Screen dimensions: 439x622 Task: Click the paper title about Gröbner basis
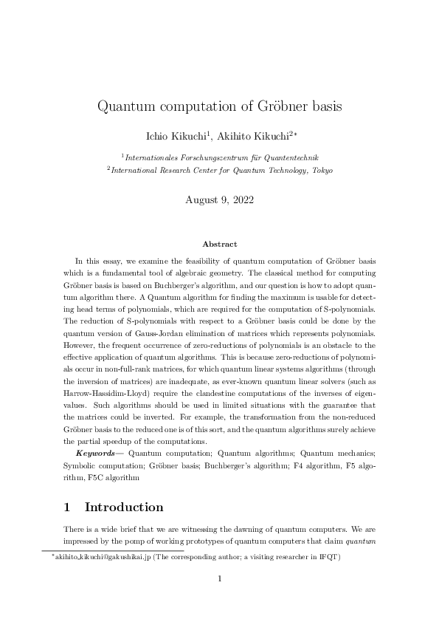219,106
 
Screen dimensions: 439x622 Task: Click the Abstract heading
219,243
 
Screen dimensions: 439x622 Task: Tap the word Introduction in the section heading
124,507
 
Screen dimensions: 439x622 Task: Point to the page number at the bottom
219,578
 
